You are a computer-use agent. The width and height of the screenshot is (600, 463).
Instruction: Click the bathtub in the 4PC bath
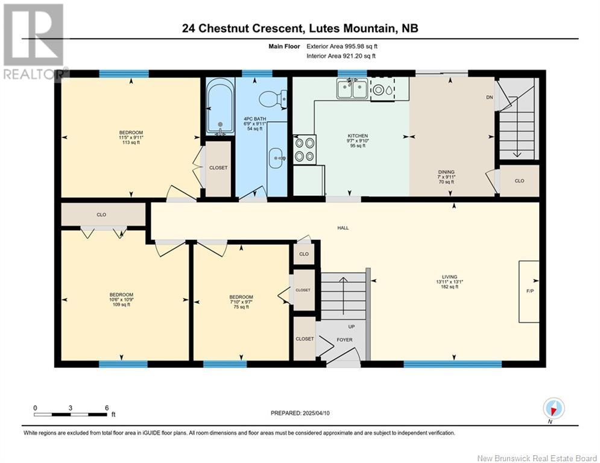(x=220, y=106)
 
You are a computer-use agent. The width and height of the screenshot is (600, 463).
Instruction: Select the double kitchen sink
(x=352, y=89)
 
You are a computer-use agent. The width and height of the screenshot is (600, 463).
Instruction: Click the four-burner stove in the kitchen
(x=305, y=150)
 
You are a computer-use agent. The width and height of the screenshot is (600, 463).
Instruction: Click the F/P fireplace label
(x=530, y=291)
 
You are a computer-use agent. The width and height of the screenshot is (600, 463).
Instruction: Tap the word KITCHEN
(x=358, y=136)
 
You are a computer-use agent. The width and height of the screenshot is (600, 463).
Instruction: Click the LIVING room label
(x=450, y=277)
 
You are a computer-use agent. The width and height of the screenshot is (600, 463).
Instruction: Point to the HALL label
(x=343, y=228)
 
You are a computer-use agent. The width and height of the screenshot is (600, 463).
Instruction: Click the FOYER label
(x=344, y=339)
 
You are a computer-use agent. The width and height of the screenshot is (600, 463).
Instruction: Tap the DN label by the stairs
(x=490, y=97)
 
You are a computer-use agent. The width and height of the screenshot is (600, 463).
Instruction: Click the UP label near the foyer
(x=352, y=326)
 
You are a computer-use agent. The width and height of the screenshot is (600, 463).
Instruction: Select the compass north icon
(x=553, y=408)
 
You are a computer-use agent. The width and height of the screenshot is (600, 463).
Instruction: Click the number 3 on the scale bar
(x=71, y=408)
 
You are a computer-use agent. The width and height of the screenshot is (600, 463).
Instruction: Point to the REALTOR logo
(x=34, y=42)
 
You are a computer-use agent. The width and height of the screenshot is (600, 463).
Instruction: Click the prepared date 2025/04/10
(x=316, y=413)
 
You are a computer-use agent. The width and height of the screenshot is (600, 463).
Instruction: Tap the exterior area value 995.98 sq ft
(x=361, y=46)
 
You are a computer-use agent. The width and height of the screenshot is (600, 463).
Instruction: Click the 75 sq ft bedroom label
(x=241, y=307)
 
